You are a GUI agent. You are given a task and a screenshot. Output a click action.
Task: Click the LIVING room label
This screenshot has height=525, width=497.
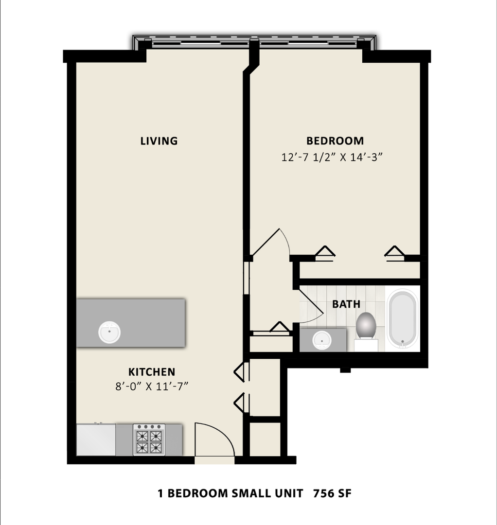[159, 141]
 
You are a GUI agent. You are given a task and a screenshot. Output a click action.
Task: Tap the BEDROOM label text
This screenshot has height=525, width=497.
[335, 141]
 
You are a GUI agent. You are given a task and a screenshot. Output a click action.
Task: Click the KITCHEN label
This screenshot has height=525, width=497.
[151, 372]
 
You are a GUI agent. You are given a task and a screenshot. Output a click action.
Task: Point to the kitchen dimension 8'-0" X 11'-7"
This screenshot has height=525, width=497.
[151, 387]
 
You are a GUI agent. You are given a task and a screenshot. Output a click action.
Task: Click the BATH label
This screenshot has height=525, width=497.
[346, 304]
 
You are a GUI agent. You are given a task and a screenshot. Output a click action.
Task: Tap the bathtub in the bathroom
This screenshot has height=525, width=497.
[402, 319]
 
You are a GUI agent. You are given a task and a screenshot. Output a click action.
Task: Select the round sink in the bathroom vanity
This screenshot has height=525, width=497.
[321, 339]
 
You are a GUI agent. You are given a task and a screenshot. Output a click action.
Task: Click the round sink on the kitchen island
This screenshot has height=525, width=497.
[109, 332]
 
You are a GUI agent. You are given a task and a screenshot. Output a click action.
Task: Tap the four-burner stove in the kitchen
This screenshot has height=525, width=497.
[149, 439]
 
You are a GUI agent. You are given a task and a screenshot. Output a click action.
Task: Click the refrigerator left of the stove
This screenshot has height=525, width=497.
[96, 439]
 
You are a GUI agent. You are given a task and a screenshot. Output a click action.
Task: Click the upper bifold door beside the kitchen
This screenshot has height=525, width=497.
[240, 372]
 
